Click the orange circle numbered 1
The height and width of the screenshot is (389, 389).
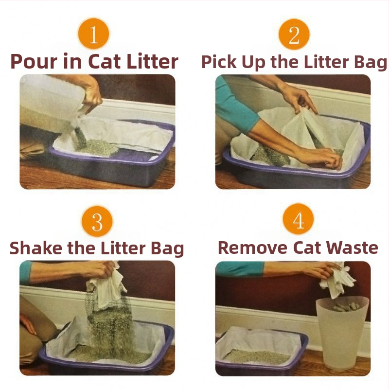click(93, 34)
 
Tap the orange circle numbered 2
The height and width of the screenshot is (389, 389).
click(294, 34)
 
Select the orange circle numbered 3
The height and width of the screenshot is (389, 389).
click(97, 221)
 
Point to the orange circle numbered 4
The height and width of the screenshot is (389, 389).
click(298, 219)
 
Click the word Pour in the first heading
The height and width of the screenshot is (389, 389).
click(34, 61)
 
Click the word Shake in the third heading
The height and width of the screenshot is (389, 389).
click(36, 248)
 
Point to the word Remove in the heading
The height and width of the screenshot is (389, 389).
click(252, 248)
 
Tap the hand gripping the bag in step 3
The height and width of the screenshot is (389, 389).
click(99, 270)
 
